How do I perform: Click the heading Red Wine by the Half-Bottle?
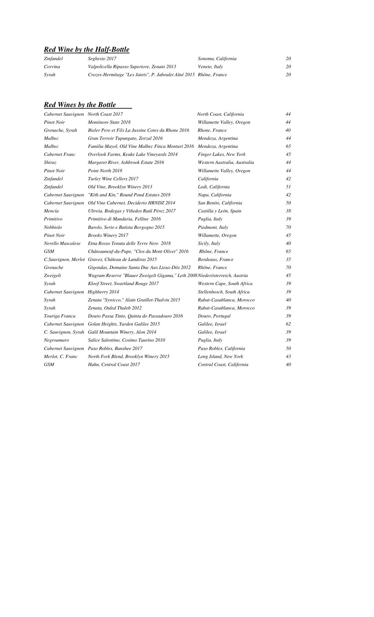[x=87, y=49]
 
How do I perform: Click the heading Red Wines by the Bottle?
[x=80, y=105]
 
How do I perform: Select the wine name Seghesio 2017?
[x=102, y=58]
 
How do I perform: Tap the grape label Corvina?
[x=52, y=67]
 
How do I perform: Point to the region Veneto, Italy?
[x=210, y=67]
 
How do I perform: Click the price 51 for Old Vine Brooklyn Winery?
[x=288, y=187]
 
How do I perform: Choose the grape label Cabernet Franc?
[x=60, y=154]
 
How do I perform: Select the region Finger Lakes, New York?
[x=221, y=154]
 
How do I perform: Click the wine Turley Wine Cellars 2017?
[x=113, y=179]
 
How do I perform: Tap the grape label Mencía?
[x=51, y=211]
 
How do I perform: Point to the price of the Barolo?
[x=288, y=227]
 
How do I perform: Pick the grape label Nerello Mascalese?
[x=62, y=243]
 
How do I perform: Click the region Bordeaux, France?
[x=216, y=259]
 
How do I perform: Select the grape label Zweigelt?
[x=52, y=275]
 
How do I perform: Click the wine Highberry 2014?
[x=103, y=292]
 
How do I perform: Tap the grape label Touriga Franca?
[x=60, y=316]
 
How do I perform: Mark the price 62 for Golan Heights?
[x=288, y=324]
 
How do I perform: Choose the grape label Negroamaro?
[x=56, y=340]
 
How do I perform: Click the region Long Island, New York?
[x=220, y=356]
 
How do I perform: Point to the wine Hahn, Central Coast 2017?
[x=114, y=364]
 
